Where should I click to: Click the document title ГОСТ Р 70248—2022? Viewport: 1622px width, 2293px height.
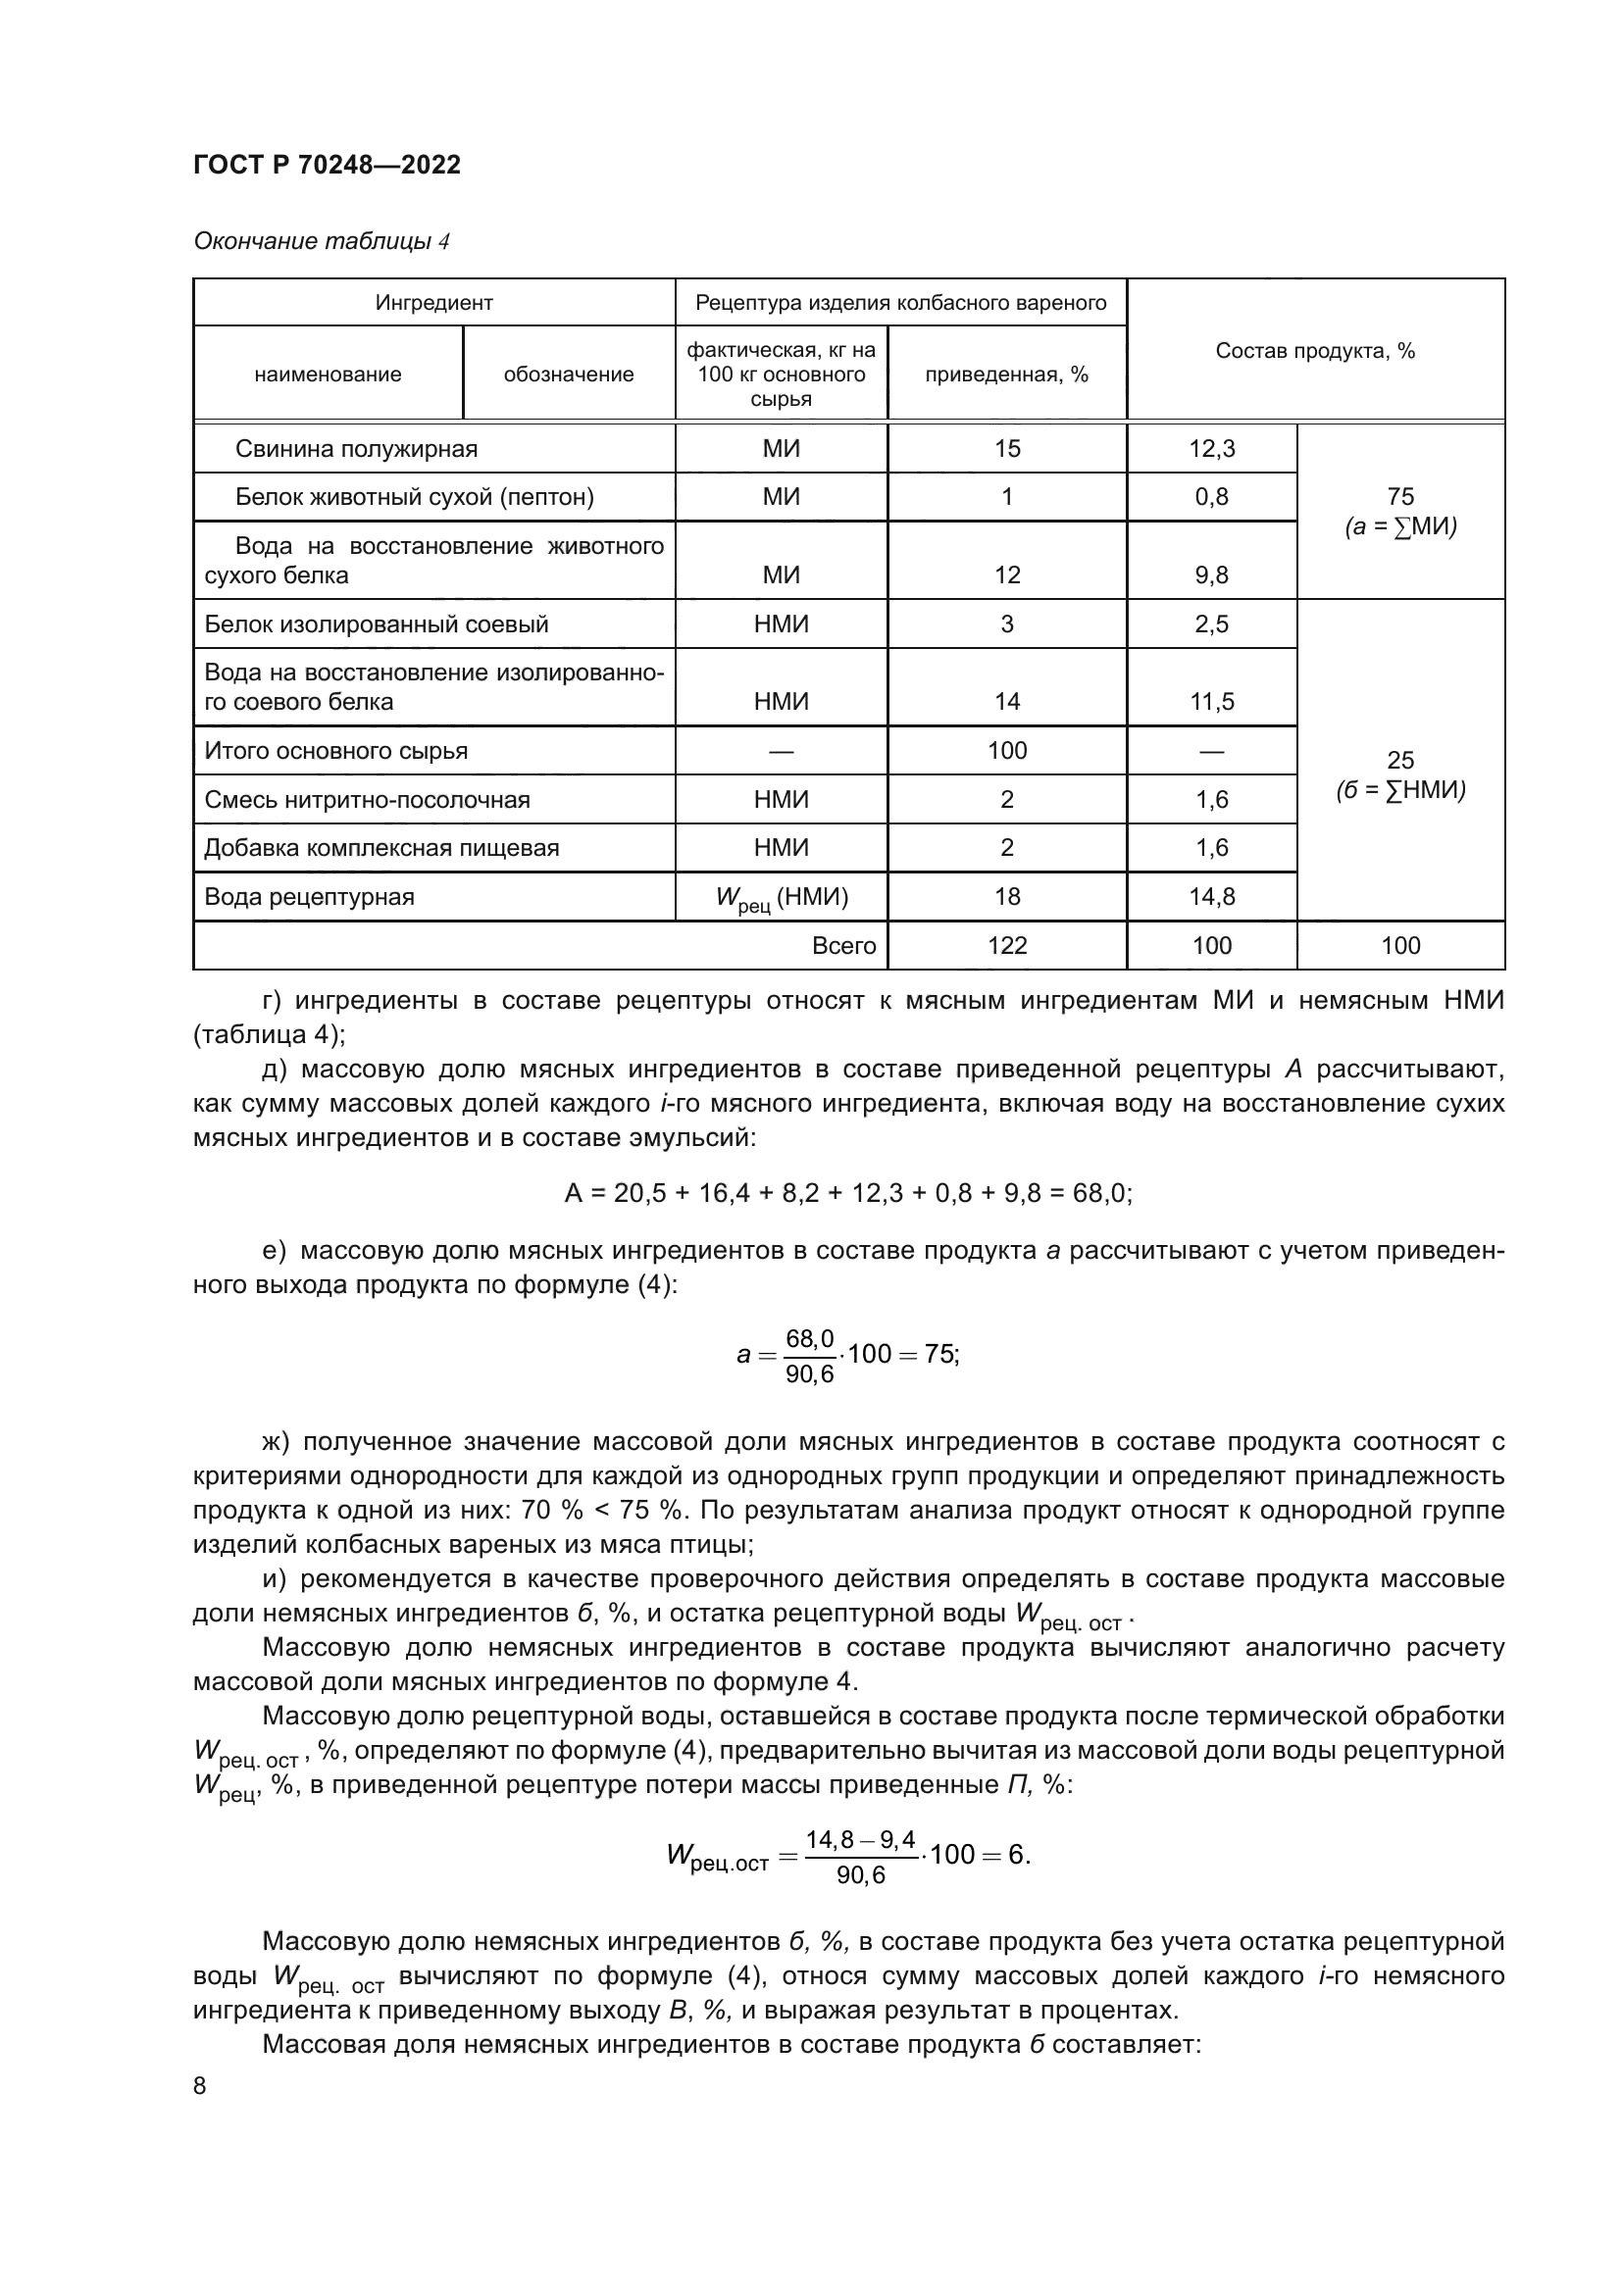click(327, 165)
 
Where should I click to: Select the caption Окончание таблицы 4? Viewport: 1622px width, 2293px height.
click(321, 241)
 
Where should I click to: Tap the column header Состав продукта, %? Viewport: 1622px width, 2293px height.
click(1314, 351)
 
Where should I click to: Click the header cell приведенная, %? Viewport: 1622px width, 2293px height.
click(1006, 374)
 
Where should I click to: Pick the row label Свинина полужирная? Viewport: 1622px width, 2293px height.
click(356, 448)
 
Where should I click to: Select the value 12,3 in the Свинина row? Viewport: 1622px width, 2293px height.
click(1210, 448)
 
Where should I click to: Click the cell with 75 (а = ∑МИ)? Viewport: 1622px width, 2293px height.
click(1399, 512)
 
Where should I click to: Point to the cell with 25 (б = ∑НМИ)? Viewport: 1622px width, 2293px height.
click(1399, 774)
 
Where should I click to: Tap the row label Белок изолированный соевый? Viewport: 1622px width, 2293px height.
click(376, 624)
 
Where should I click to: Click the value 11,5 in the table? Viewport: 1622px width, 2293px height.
click(1210, 701)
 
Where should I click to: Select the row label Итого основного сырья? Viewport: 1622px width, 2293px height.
click(335, 750)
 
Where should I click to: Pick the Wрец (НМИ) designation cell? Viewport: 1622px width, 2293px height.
click(781, 898)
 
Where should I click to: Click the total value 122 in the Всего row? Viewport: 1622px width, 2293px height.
click(1006, 945)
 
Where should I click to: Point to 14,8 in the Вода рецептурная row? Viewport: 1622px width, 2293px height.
click(1210, 896)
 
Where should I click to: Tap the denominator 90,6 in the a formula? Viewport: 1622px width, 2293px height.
click(809, 1375)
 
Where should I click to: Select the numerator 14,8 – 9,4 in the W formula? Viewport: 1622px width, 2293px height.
click(860, 1838)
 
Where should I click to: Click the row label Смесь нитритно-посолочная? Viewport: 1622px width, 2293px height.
click(367, 799)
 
